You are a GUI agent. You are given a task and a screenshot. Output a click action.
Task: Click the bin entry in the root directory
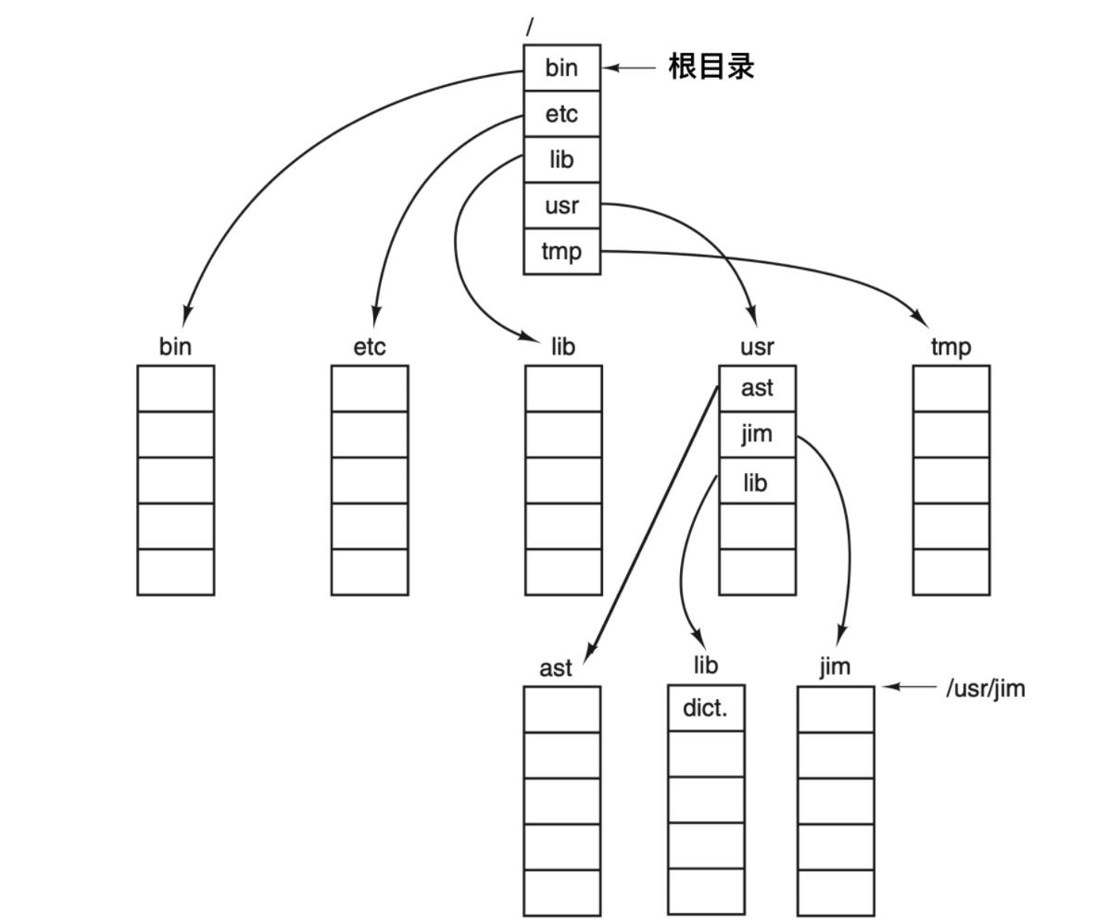tap(561, 68)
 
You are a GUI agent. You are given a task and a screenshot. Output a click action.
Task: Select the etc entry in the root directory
tap(561, 114)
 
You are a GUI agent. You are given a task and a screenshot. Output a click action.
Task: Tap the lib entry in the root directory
tap(561, 159)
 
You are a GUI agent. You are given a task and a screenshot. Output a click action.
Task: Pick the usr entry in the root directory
tap(561, 206)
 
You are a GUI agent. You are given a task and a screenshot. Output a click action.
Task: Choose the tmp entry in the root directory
tap(561, 251)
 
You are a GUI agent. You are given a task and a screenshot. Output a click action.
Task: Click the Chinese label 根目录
tap(711, 67)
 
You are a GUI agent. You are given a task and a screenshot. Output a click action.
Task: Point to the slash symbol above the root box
tap(530, 27)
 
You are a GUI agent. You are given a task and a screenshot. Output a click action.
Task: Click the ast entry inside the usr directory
tap(757, 388)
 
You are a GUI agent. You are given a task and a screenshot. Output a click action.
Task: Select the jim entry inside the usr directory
tap(757, 434)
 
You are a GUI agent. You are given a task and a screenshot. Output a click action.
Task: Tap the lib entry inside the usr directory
tap(756, 481)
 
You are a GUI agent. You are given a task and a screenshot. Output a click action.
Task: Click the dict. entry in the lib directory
tap(705, 708)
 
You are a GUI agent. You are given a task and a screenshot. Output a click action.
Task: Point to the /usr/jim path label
tap(985, 689)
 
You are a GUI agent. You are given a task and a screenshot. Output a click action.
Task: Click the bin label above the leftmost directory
tap(175, 346)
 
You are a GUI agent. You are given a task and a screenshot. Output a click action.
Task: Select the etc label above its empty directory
tap(369, 346)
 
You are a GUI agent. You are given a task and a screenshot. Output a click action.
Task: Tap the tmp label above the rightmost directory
tap(950, 346)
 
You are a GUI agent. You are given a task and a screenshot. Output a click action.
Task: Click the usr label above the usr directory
tap(757, 346)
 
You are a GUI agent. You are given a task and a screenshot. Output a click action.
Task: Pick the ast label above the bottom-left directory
tap(555, 668)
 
